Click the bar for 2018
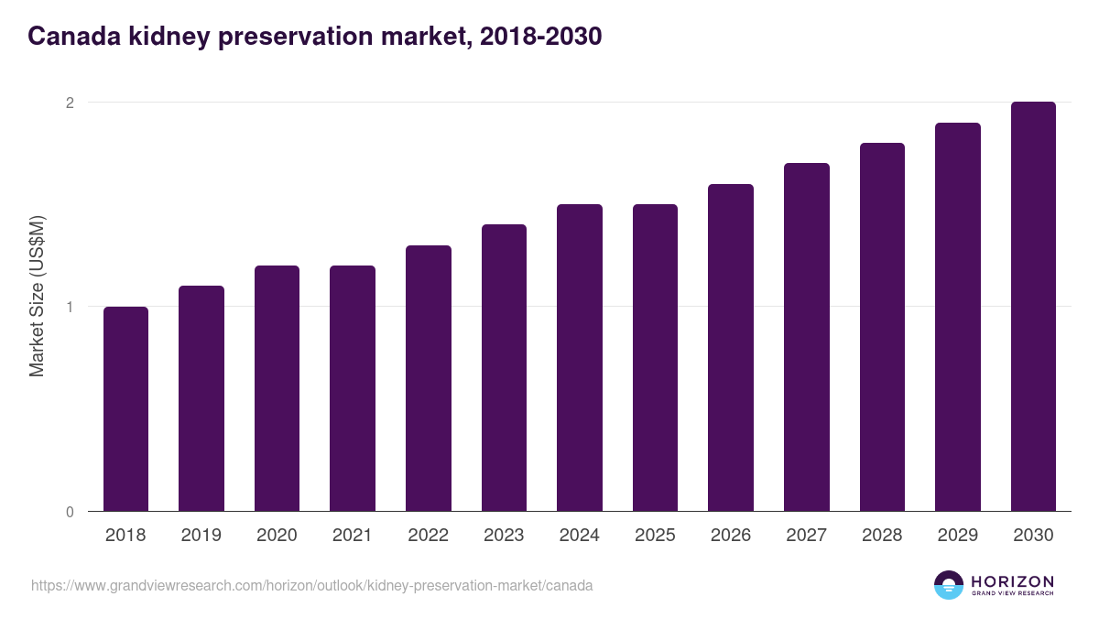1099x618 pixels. click(125, 409)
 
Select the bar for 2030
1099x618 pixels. click(1033, 307)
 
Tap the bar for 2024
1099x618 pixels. click(580, 358)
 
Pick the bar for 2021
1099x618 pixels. click(353, 388)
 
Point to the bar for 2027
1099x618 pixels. click(806, 337)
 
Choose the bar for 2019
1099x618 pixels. click(201, 398)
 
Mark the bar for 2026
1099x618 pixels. click(731, 348)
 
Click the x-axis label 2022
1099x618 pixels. click(428, 536)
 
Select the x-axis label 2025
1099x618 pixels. click(655, 536)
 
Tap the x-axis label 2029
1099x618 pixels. click(957, 536)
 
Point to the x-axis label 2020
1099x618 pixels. click(277, 536)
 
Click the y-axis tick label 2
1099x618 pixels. click(69, 103)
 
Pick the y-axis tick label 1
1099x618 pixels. click(69, 307)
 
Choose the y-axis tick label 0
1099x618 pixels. click(69, 512)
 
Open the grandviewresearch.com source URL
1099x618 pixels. click(311, 585)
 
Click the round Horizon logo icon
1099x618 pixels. click(949, 585)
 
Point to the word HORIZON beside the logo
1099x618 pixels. click(1012, 580)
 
